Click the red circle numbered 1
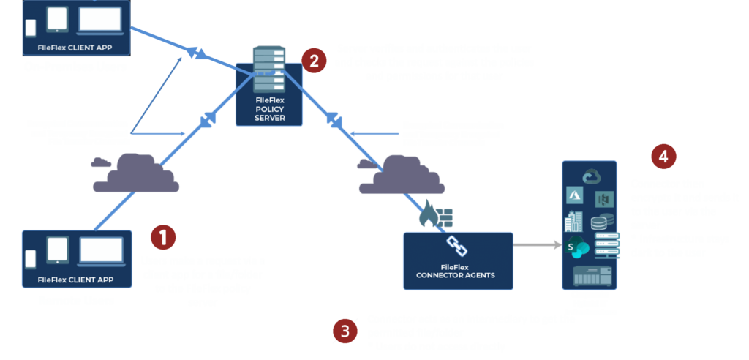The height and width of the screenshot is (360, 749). click(x=162, y=236)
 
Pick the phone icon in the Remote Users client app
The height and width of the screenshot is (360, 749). click(x=30, y=259)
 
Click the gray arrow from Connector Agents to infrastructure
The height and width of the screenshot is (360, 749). click(x=536, y=247)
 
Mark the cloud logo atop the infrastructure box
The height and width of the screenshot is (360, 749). click(x=590, y=176)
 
